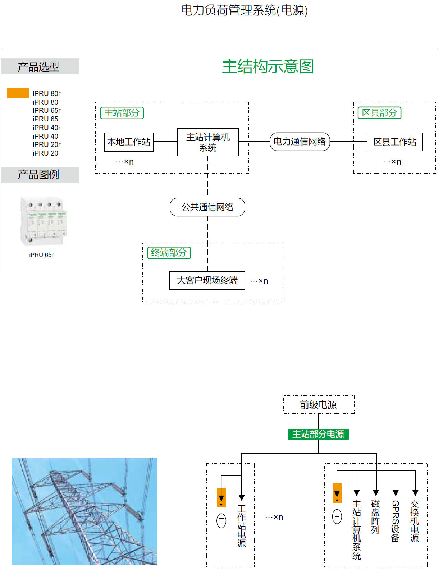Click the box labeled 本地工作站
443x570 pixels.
point(129,142)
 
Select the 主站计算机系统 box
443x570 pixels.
point(208,142)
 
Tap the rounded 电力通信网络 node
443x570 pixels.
point(300,142)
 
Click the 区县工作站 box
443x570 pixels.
point(395,142)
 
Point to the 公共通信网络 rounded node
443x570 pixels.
point(207,207)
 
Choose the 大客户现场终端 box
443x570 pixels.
point(207,281)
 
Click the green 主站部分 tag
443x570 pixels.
point(122,113)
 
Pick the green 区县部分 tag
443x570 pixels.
point(379,113)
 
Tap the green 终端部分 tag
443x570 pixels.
point(169,253)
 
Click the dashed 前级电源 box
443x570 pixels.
point(319,405)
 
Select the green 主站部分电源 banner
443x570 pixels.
point(318,434)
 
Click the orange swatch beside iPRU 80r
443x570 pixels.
point(18,93)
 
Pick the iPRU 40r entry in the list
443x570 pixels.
point(46,128)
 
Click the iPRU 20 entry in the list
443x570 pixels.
point(45,153)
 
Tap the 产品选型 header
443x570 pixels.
point(38,67)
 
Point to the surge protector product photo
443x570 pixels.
point(43,221)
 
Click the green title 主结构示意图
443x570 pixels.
point(268,66)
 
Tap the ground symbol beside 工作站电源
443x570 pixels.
point(221,520)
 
